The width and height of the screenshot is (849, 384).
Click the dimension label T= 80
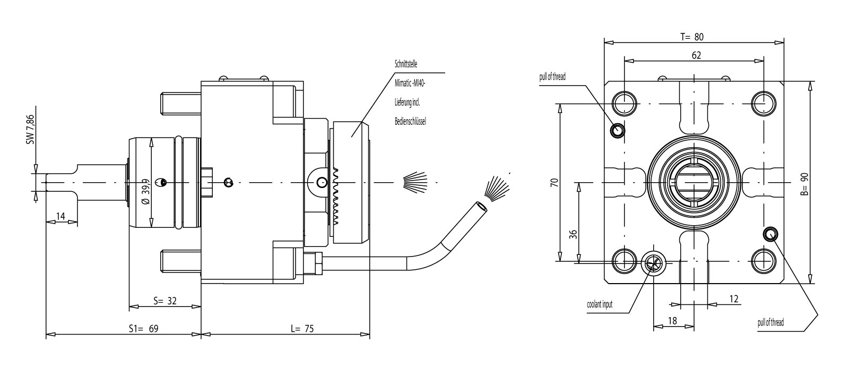point(692,37)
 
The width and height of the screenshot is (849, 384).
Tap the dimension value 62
point(696,55)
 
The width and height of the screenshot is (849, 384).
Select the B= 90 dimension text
point(804,184)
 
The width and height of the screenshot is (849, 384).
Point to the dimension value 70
point(554,182)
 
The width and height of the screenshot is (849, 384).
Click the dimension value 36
point(573,234)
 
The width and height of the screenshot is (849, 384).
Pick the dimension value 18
point(672,320)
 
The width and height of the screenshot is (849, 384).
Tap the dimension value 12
point(733,299)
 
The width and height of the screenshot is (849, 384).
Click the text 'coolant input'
point(600,305)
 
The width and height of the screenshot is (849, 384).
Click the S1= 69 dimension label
point(143,329)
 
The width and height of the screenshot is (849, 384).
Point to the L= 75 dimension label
point(302,329)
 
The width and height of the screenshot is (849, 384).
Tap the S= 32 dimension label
point(164,301)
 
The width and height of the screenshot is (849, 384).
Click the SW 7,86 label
point(30,129)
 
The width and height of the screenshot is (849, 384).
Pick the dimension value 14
point(60,216)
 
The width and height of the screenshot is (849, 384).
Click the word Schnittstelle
point(406,64)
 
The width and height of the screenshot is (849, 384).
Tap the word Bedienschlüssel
point(410,121)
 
